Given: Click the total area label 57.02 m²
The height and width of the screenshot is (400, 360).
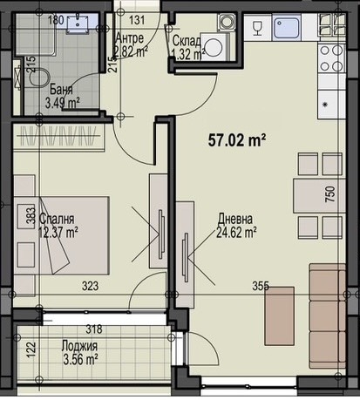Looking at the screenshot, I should [x=235, y=138].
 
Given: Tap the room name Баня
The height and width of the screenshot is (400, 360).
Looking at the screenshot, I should [x=61, y=89].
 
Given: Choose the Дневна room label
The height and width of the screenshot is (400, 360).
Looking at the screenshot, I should [x=235, y=220].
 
